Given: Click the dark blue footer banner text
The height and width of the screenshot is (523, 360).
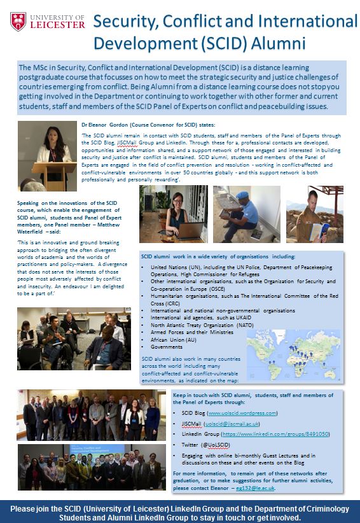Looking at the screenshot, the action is point(180,511).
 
